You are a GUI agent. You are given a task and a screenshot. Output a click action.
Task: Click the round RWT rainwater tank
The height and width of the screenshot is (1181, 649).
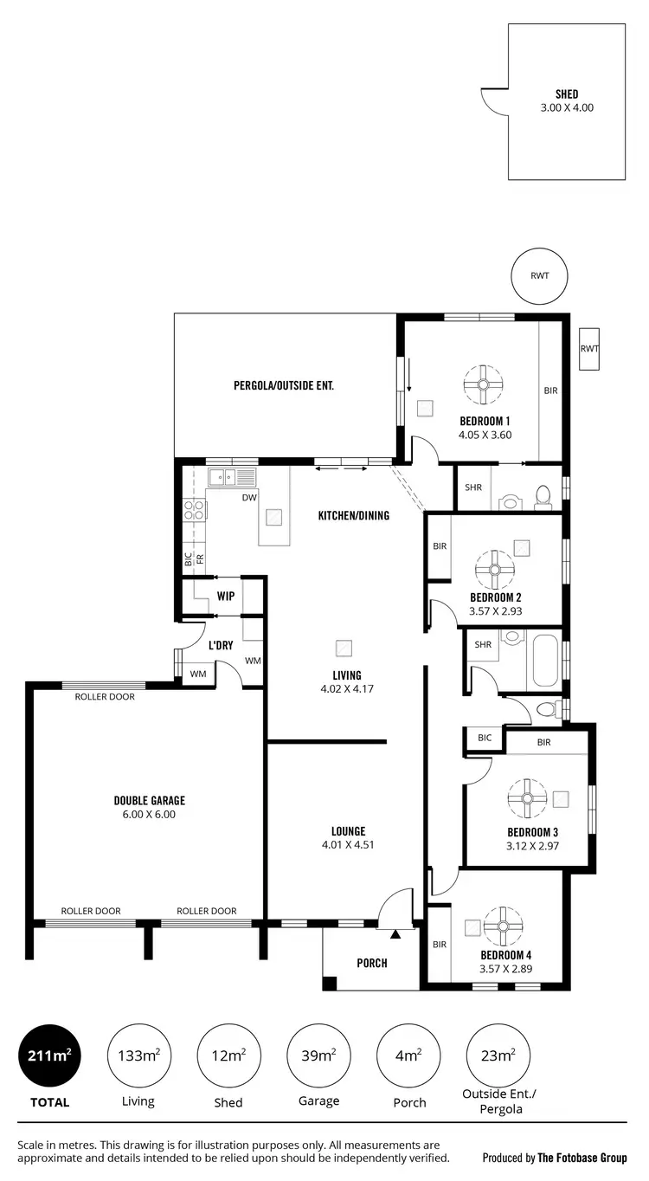tap(540, 276)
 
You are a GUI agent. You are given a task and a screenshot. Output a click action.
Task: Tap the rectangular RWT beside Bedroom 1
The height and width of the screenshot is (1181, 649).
tap(589, 349)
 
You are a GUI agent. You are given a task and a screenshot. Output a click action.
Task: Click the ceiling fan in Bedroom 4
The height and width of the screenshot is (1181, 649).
tap(500, 926)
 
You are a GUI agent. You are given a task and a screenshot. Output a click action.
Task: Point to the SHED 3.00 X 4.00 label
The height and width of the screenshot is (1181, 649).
tap(567, 101)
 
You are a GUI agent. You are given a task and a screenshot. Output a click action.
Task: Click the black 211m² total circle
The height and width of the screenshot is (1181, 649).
tap(50, 1055)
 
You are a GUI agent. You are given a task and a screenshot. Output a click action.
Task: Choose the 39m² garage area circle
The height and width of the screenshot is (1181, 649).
tap(318, 1055)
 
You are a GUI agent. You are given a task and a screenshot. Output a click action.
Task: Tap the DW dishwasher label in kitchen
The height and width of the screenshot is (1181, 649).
tap(249, 498)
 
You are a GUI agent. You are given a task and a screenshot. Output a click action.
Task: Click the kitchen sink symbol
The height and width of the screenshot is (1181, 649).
tap(231, 476)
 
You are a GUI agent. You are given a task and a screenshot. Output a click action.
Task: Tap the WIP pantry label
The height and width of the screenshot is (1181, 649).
tap(226, 597)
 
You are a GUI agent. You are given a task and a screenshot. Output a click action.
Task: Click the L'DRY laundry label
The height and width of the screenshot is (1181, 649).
tap(222, 645)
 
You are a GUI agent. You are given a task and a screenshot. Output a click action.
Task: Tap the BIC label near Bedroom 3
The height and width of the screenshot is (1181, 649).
tap(485, 738)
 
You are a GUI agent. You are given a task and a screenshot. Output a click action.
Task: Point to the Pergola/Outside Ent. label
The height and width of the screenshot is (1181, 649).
tap(284, 386)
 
